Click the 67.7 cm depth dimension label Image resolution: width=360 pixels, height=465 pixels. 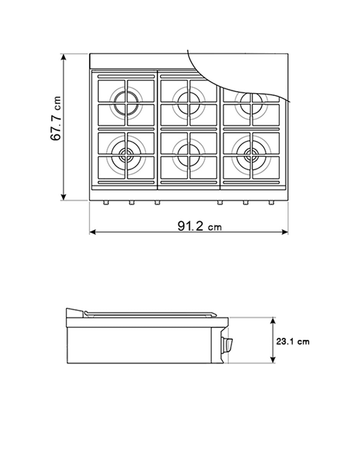[56, 118]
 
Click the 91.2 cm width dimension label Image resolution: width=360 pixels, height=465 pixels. [200, 226]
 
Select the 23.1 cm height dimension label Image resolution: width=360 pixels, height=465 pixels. [292, 342]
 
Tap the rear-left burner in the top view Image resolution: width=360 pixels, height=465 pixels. [126, 103]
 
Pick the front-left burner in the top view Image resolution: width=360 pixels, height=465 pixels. [126, 155]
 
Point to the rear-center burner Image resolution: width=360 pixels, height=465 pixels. [189, 103]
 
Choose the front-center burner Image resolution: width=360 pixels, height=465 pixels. [189, 155]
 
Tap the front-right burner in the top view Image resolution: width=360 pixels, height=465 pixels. [251, 155]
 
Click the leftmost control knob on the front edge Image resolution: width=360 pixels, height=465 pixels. [106, 202]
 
